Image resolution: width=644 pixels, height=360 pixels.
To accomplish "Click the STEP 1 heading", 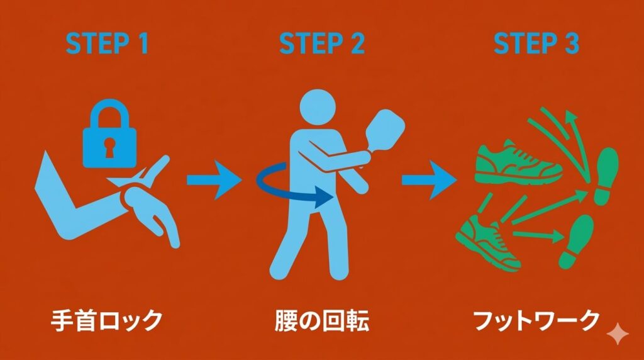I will tap(107, 45).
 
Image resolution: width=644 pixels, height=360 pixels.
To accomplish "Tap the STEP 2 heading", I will tap(322, 45).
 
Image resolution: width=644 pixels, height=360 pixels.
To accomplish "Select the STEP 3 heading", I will tap(536, 45).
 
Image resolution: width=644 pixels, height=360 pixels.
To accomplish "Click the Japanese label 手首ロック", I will tap(106, 321).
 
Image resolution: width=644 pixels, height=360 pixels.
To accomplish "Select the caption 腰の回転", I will tap(321, 321).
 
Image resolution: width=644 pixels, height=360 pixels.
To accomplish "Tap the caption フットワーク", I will tap(536, 321).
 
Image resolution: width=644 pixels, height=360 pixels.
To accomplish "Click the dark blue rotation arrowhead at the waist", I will tap(324, 196).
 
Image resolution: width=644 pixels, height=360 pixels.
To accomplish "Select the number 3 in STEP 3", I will tap(570, 45).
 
